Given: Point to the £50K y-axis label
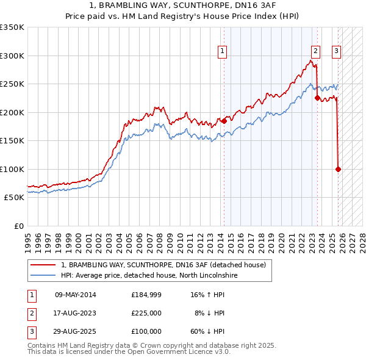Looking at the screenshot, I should pyautogui.click(x=14, y=198).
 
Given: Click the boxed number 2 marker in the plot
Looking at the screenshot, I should pyautogui.click(x=315, y=52).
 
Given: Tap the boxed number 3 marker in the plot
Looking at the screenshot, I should pyautogui.click(x=336, y=52).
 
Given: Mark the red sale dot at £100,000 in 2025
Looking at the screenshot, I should pyautogui.click(x=338, y=169).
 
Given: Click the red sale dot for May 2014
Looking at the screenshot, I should pyautogui.click(x=224, y=121).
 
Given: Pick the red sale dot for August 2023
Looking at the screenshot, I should pyautogui.click(x=317, y=98).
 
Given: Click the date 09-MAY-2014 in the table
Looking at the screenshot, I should pyautogui.click(x=76, y=295).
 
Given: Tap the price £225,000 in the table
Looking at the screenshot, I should pyautogui.click(x=146, y=313).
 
